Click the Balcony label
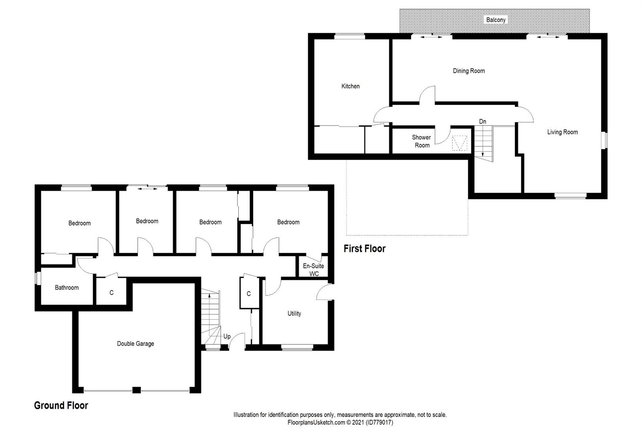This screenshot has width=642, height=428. coord(495,20)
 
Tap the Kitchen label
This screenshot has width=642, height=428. coord(350,86)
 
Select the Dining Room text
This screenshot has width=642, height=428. coord(469,71)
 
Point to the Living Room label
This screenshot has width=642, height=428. coord(562,132)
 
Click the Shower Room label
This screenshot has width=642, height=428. coord(422,141)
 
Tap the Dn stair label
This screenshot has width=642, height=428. coord(483,121)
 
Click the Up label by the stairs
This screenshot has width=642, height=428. coord(227,336)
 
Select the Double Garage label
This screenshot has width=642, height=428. coord(135,344)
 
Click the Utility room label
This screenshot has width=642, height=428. coord(294,313)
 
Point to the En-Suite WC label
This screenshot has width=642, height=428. coord(314,269)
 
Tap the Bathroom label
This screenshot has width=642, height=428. coord(67,287)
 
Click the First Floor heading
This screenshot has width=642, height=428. coord(364,248)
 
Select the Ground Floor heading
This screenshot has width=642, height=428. coord(61,405)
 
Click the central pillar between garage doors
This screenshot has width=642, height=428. coord(136,390)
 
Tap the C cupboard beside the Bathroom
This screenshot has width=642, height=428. coord(112,292)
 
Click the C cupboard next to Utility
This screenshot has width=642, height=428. coord(248,294)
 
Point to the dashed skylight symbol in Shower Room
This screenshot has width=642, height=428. coord(459,143)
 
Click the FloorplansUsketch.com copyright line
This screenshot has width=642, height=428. coord(340,422)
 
